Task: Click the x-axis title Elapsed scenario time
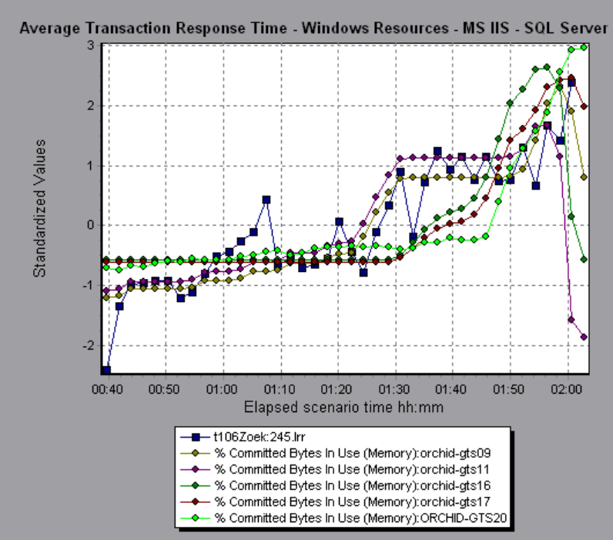pos(343,406)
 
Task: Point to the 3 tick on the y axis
pos(90,45)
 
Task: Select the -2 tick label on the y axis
pos(87,346)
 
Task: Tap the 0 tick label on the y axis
pos(90,226)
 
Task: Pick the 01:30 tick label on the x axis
pos(395,391)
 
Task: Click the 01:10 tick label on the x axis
pos(280,391)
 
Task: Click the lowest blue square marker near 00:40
pos(106,371)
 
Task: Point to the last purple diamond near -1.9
pos(584,337)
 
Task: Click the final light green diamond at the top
pos(584,47)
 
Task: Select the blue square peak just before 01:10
pos(266,200)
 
